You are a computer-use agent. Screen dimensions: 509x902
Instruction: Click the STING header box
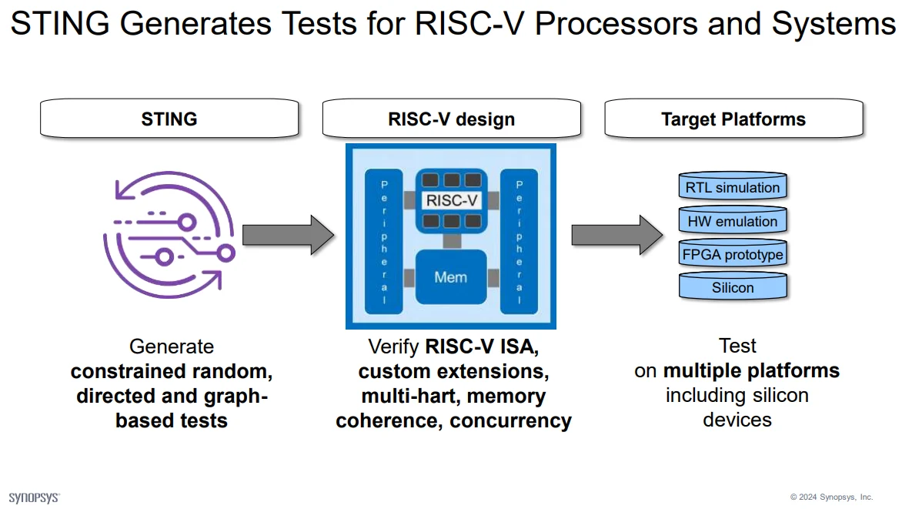pyautogui.click(x=169, y=119)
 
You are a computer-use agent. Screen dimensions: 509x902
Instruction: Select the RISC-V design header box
pyautogui.click(x=451, y=119)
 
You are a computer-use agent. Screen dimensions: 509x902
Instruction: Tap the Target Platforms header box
pyautogui.click(x=733, y=119)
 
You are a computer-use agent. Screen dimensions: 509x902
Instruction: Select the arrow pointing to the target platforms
pyautogui.click(x=616, y=234)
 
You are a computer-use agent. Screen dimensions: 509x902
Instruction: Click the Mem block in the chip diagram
pyautogui.click(x=450, y=276)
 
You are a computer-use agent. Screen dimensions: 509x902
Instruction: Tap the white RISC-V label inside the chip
pyautogui.click(x=451, y=200)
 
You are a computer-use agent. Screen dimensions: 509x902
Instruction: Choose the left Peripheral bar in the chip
pyautogui.click(x=385, y=240)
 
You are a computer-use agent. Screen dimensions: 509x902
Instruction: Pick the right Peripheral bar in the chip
pyautogui.click(x=519, y=240)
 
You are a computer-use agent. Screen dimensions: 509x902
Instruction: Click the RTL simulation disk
pyautogui.click(x=733, y=187)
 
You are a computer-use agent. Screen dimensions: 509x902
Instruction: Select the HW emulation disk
pyautogui.click(x=733, y=221)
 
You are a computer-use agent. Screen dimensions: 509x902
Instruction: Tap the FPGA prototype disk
pyautogui.click(x=733, y=254)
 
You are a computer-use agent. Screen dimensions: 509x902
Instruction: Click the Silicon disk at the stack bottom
pyautogui.click(x=733, y=287)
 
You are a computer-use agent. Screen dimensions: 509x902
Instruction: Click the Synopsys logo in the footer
pyautogui.click(x=34, y=497)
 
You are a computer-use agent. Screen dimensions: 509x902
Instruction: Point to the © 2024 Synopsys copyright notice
pyautogui.click(x=831, y=497)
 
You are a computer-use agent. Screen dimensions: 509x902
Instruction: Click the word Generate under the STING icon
pyautogui.click(x=172, y=347)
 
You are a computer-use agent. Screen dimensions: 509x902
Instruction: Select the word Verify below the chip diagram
pyautogui.click(x=394, y=347)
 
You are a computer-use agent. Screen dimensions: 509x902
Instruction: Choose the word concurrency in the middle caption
pyautogui.click(x=510, y=421)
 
